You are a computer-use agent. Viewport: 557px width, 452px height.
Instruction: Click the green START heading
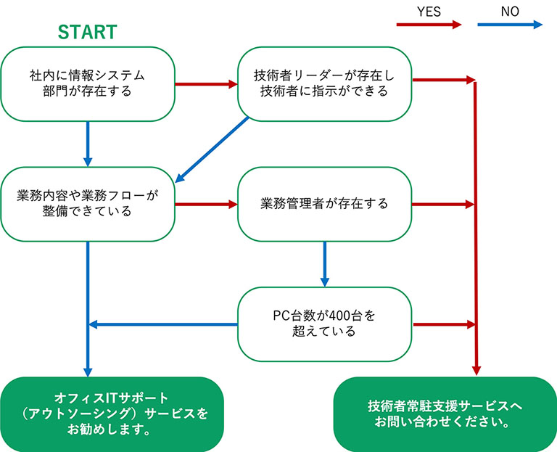(x=87, y=32)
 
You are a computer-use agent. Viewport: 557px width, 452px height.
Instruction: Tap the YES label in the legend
(x=429, y=12)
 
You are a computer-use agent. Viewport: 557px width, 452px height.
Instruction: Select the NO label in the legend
(x=510, y=12)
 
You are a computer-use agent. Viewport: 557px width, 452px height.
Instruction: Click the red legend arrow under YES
(x=429, y=25)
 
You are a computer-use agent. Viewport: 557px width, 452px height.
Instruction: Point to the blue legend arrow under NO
(x=510, y=25)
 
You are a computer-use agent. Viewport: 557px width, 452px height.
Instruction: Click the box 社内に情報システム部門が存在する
(x=88, y=84)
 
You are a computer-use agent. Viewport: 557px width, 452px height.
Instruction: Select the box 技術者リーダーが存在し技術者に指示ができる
(x=325, y=84)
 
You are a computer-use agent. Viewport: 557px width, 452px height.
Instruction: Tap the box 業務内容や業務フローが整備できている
(x=88, y=204)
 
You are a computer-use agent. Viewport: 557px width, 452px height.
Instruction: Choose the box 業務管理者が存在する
(x=325, y=204)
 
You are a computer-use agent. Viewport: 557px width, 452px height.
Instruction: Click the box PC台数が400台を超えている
(x=325, y=324)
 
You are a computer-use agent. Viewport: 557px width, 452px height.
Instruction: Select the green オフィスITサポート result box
(x=112, y=414)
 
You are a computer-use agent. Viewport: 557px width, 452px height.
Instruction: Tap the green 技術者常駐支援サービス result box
(x=445, y=414)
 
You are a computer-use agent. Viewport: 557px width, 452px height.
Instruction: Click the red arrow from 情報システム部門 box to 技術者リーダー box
(x=207, y=84)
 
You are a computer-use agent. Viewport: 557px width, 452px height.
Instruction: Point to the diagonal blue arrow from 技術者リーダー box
(x=212, y=149)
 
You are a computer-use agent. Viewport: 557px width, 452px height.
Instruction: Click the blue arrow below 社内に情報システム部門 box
(x=88, y=144)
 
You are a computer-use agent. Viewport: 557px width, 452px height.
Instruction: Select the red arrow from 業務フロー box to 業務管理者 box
(x=207, y=204)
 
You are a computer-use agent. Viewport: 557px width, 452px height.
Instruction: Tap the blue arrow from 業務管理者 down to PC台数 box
(x=325, y=264)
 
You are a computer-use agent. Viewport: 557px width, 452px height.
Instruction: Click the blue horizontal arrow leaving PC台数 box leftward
(x=163, y=324)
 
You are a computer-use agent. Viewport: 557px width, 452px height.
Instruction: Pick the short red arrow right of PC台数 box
(x=445, y=324)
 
